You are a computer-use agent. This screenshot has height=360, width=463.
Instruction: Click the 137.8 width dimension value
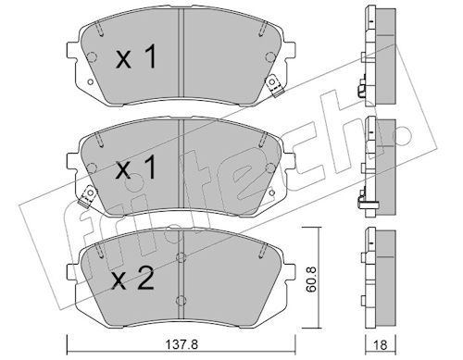181,344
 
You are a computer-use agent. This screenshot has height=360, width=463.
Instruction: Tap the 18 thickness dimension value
380,344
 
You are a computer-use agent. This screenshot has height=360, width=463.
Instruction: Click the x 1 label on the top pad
136,57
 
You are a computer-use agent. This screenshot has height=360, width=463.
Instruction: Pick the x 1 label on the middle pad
136,168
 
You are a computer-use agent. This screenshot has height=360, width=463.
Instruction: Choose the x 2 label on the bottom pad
133,279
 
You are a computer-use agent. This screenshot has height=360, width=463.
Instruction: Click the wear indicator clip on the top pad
274,85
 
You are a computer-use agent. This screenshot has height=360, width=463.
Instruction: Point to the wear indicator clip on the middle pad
88,196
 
